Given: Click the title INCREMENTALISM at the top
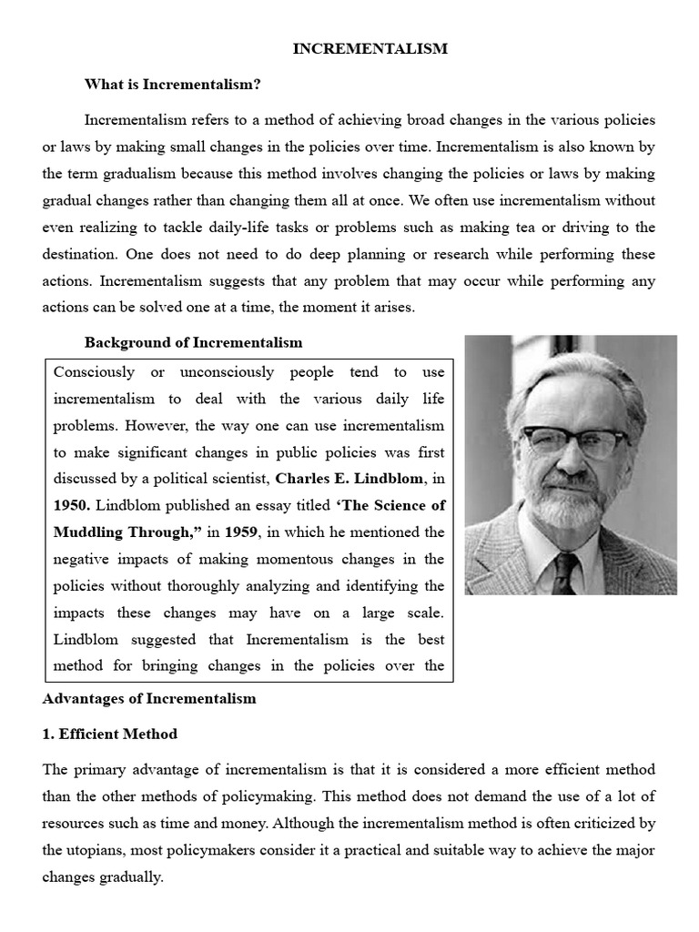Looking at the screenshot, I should click(370, 49).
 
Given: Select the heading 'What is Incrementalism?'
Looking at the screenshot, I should click(173, 85).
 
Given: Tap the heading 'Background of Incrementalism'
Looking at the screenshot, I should click(193, 343).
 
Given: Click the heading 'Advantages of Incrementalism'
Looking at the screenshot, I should click(149, 699).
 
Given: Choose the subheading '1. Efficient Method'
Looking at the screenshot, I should click(110, 734).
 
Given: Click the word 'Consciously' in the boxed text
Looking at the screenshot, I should click(95, 372).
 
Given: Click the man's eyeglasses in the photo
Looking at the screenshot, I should click(572, 441).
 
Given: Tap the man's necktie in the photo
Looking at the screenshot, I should click(564, 572).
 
